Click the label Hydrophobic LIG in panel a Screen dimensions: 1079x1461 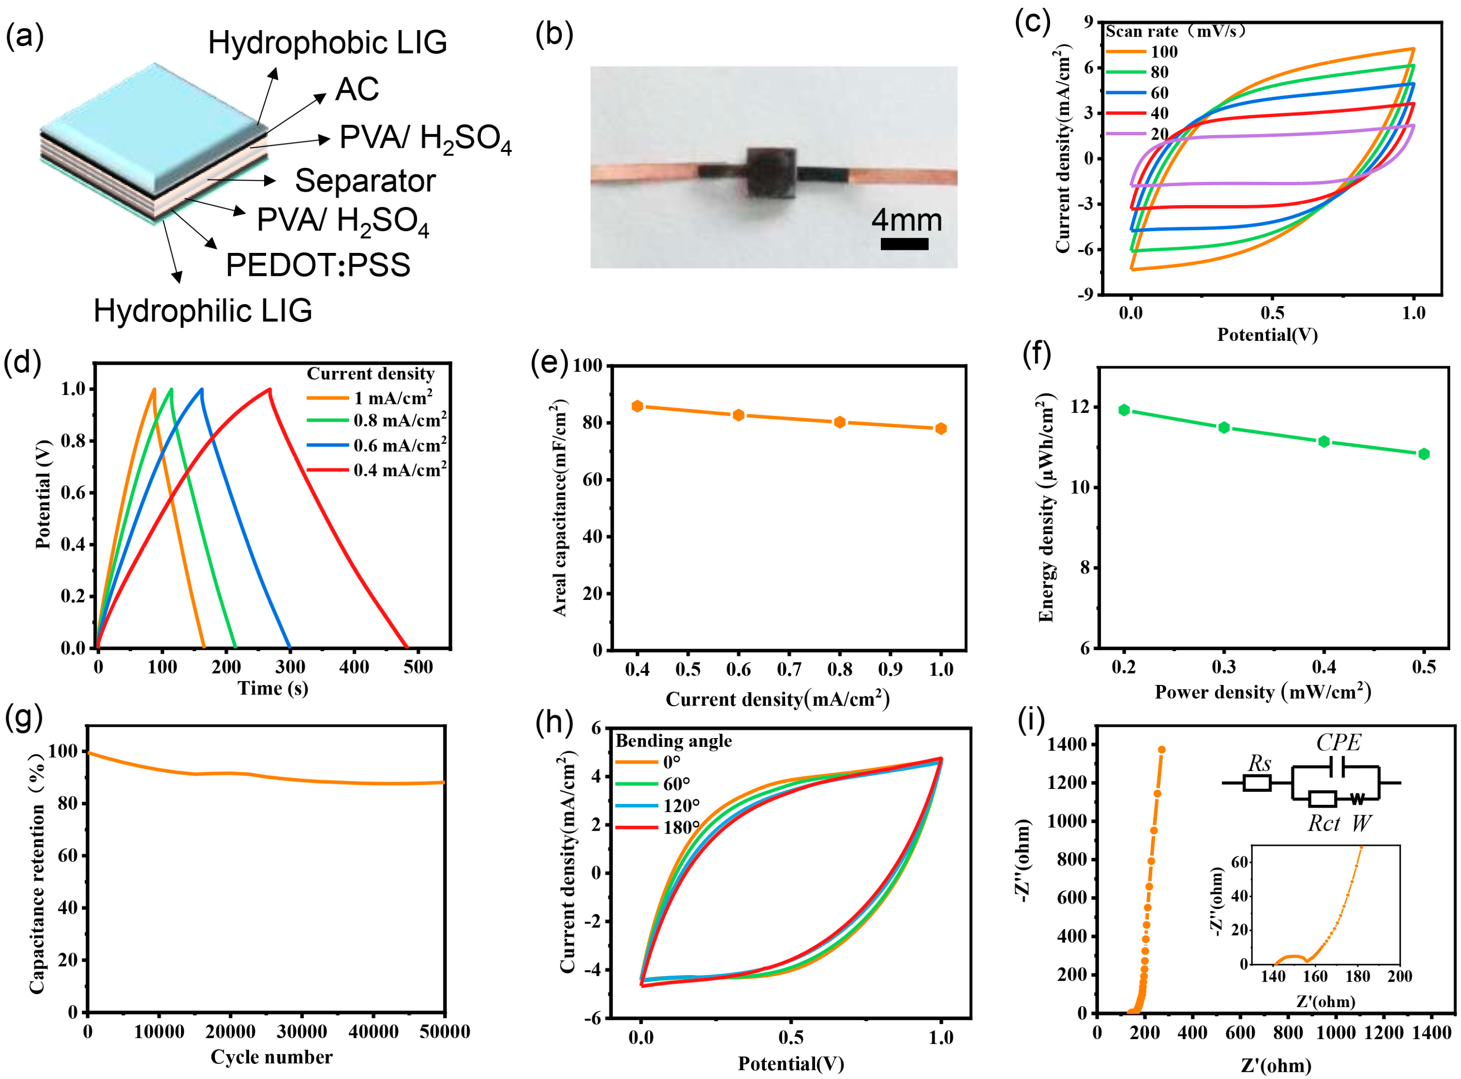pos(327,43)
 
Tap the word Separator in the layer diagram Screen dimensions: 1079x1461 pos(365,181)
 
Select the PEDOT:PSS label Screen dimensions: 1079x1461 pos(318,265)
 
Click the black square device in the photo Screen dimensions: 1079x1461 pos(771,173)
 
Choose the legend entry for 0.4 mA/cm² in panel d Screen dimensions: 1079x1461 pos(399,470)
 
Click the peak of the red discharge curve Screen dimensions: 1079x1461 pos(269,390)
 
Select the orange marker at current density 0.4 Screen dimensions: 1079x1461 pos(637,406)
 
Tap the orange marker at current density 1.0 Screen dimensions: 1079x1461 pos(941,428)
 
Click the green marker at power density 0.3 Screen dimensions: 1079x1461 pos(1224,428)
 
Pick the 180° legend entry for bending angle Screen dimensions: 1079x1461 pos(681,827)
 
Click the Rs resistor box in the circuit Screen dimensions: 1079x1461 pos(1256,782)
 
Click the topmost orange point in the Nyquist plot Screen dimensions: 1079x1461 pos(1161,750)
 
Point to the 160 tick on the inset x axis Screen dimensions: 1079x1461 pos(1315,977)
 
